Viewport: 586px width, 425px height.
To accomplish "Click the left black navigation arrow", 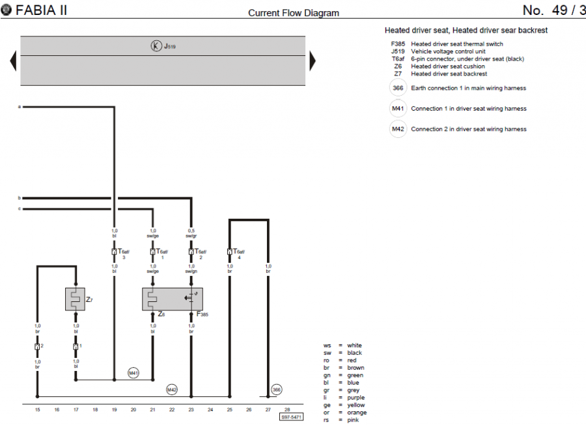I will (13, 61).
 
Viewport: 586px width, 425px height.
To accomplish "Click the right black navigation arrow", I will (313, 61).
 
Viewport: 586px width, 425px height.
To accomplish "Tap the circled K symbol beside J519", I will (156, 46).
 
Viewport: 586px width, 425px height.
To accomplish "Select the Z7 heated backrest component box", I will (76, 299).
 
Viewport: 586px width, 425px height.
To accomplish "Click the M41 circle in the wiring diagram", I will (133, 373).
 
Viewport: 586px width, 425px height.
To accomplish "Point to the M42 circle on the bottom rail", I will (172, 389).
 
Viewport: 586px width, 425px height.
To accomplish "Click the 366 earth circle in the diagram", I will (277, 389).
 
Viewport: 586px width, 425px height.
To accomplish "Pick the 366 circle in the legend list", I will (398, 88).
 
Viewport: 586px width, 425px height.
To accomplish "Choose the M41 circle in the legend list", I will (398, 109).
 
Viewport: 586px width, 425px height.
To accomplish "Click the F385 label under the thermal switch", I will (202, 314).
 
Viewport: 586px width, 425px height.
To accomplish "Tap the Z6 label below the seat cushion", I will (162, 314).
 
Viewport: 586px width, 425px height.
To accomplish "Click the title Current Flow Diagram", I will (294, 13).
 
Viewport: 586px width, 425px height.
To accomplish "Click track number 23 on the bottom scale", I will (191, 409).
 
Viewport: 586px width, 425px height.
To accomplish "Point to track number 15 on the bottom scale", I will (37, 409).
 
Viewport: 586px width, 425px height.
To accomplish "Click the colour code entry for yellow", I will (344, 405).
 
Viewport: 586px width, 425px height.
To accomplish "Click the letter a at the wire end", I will (20, 106).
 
